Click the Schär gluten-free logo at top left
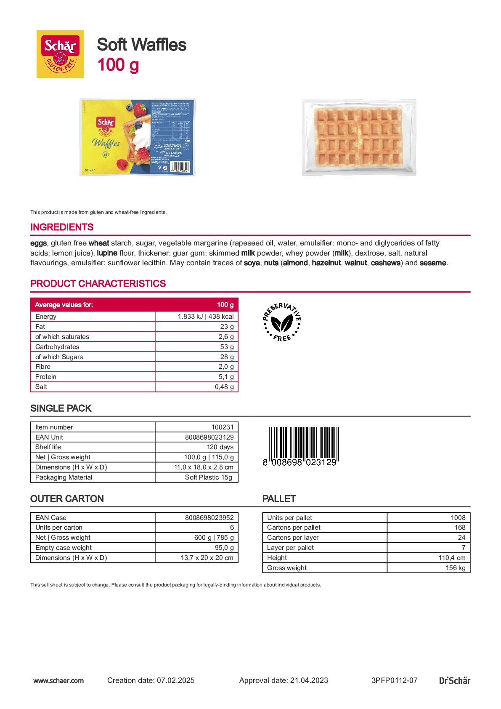click(x=60, y=54)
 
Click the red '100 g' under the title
click(x=118, y=65)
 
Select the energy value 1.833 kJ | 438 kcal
click(x=205, y=317)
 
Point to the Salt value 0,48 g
click(x=224, y=387)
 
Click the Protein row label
click(x=46, y=377)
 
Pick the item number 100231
click(x=222, y=427)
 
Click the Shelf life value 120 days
click(x=220, y=447)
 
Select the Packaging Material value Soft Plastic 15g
click(x=209, y=477)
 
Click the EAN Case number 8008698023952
click(x=209, y=518)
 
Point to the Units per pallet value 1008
click(x=458, y=518)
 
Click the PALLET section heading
click(x=279, y=499)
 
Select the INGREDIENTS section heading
click(x=62, y=227)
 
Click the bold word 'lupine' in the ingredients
click(x=107, y=253)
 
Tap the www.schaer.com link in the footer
click(x=58, y=680)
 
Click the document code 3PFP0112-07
click(x=394, y=680)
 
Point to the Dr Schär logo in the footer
click(x=454, y=680)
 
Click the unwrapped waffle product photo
click(x=359, y=137)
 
